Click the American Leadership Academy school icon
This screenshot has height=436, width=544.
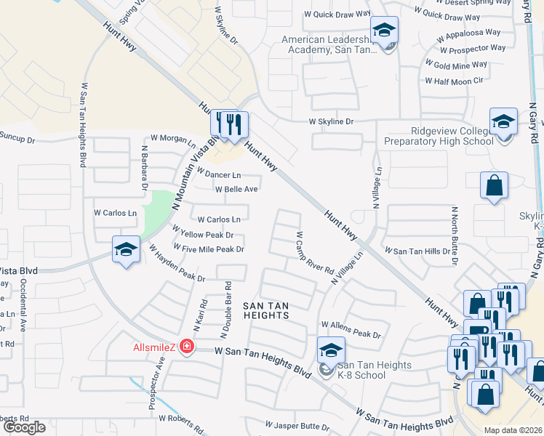(384, 31)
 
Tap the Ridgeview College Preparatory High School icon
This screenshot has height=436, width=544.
(503, 122)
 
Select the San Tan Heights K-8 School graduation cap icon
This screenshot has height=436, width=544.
(331, 350)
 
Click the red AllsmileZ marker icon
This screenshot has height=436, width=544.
(187, 347)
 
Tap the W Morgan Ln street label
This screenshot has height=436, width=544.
(173, 138)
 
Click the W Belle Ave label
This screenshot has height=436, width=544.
(236, 190)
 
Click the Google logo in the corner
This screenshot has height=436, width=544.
(24, 427)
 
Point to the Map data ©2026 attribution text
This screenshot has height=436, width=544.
(513, 430)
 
